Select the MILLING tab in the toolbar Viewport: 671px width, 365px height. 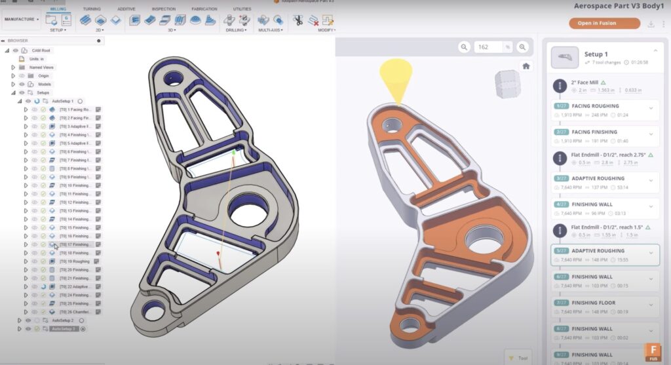pos(58,9)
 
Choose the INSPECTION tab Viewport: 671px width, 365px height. pos(163,9)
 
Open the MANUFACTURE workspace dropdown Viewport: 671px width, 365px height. pos(22,19)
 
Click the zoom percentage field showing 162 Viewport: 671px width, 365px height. pos(489,47)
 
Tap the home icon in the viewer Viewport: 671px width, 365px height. pos(525,66)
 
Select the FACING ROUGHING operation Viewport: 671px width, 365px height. pos(595,106)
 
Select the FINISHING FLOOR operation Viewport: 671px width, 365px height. pos(593,303)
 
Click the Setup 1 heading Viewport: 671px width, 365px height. pos(596,54)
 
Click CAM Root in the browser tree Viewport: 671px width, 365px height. pos(41,50)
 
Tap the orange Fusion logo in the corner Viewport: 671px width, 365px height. pos(653,351)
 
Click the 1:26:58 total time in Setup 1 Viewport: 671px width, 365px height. pos(635,62)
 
